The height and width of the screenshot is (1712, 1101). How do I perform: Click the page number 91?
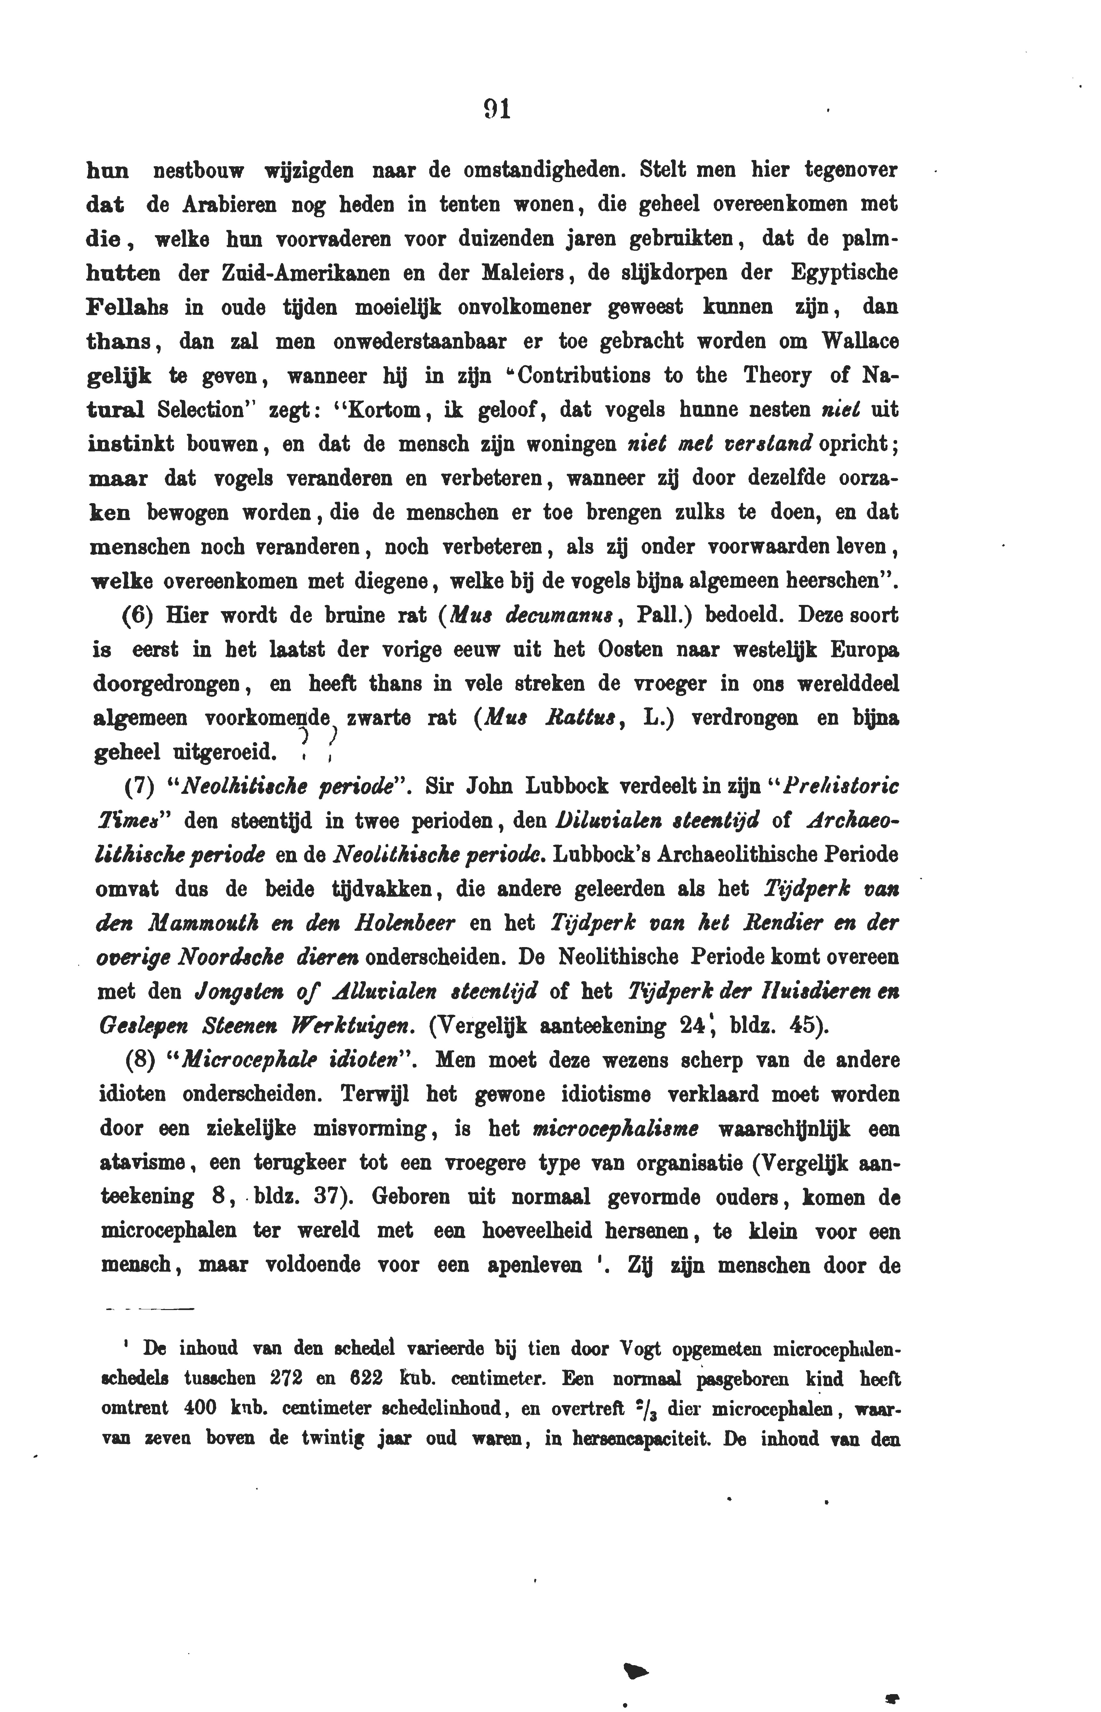(496, 109)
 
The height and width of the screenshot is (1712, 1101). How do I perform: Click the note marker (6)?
(136, 616)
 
